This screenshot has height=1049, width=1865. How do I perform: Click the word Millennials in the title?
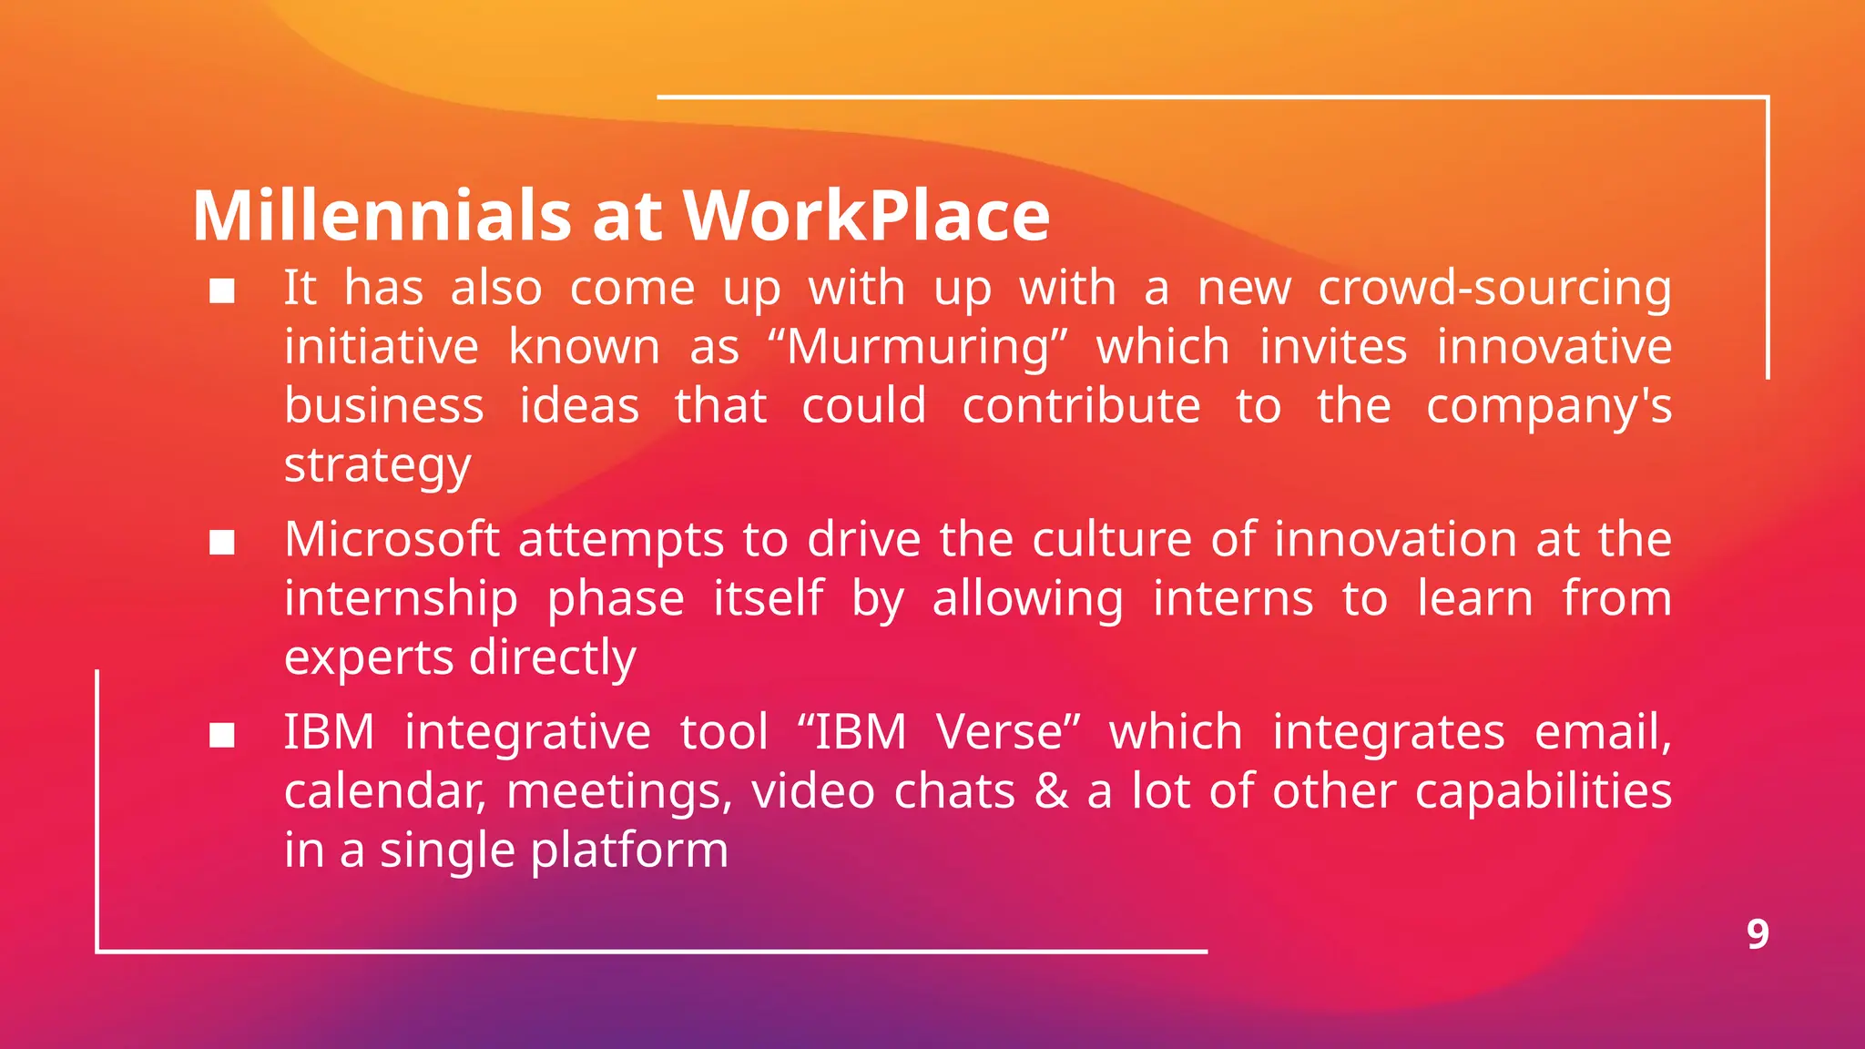pyautogui.click(x=382, y=216)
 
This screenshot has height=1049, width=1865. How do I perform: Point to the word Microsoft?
pyautogui.click(x=392, y=539)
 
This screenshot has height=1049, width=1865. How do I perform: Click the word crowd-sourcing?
pyautogui.click(x=1494, y=289)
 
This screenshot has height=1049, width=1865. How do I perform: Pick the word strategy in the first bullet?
pyautogui.click(x=377, y=466)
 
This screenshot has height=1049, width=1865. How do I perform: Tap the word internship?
pyautogui.click(x=401, y=599)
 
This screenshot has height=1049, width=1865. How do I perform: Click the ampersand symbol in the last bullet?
pyautogui.click(x=1052, y=790)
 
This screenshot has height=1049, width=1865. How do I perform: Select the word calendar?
pyautogui.click(x=383, y=791)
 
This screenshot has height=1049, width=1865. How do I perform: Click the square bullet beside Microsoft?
pyautogui.click(x=222, y=543)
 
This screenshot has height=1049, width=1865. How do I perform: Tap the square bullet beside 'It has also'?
pyautogui.click(x=222, y=291)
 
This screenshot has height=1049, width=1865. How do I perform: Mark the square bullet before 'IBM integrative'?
pyautogui.click(x=222, y=735)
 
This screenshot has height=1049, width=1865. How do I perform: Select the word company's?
pyautogui.click(x=1548, y=407)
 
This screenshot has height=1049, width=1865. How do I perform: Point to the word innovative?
pyautogui.click(x=1554, y=347)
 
